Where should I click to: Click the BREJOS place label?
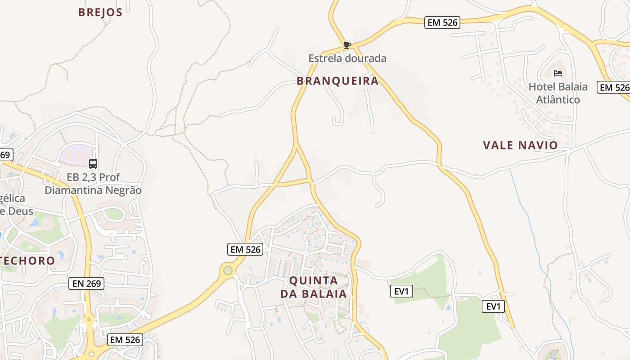tap(100, 12)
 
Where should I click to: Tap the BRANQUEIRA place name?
tap(337, 81)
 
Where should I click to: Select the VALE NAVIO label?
tap(520, 145)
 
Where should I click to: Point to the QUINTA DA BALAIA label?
tap(314, 287)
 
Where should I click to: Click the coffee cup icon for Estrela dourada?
tap(347, 45)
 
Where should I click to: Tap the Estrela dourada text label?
tap(347, 58)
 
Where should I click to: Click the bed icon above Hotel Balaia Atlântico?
tap(558, 73)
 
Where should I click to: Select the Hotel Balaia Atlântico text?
tap(558, 93)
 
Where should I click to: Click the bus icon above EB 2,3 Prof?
tap(93, 164)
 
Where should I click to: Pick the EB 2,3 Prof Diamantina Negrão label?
tap(93, 184)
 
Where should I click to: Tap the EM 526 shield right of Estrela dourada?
tap(442, 22)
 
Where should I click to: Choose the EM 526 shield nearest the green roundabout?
tap(245, 249)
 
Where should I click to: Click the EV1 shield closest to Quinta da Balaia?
tap(401, 291)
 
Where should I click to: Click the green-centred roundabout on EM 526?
tap(228, 270)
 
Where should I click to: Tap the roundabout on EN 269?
tap(89, 321)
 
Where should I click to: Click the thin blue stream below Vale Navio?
tap(531, 225)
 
